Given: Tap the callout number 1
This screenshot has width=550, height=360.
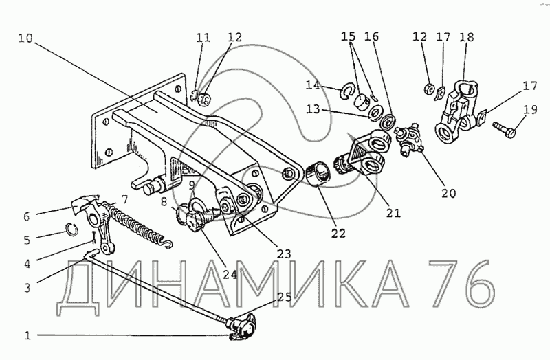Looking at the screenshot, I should point(27,336).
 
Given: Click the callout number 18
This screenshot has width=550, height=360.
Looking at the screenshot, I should point(467,36).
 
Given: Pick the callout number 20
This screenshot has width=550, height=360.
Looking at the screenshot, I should point(448,194).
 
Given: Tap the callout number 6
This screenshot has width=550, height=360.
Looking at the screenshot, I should point(27,216).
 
